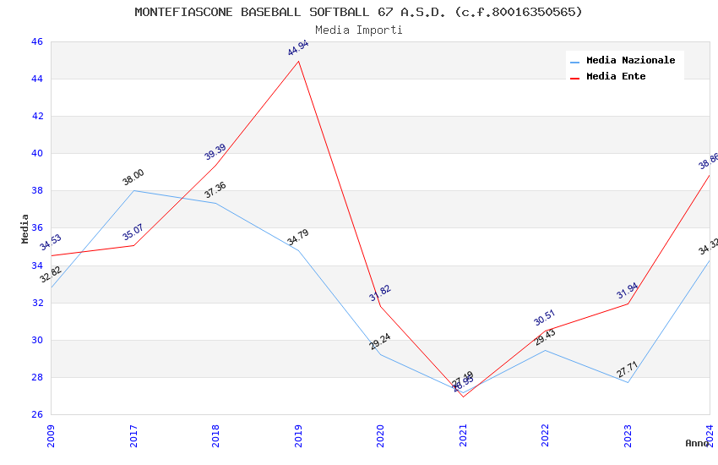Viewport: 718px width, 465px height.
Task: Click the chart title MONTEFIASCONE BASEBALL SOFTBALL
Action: pos(358,12)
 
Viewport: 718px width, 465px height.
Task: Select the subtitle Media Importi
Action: pos(358,30)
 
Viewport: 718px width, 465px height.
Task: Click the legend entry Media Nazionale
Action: pos(630,60)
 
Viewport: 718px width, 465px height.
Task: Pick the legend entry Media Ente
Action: pos(616,76)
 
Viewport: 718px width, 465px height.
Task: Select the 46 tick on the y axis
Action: pos(36,41)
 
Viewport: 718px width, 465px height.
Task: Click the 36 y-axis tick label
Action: pos(36,228)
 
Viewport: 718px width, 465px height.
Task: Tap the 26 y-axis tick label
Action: pos(36,414)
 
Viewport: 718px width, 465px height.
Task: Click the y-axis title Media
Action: pos(25,228)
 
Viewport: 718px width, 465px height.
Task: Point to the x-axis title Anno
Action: pos(697,443)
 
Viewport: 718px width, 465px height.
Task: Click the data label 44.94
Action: pos(297,48)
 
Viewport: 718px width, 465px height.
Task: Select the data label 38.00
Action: pos(133,177)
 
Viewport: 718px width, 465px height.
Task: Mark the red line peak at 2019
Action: pos(298,61)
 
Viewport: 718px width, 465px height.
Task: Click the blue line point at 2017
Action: pos(133,190)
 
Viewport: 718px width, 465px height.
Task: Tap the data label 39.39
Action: pos(215,151)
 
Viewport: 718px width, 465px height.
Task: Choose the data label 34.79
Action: pos(297,237)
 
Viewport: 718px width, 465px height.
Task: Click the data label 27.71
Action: pos(627,369)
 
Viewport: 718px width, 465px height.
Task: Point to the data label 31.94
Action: pos(627,291)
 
